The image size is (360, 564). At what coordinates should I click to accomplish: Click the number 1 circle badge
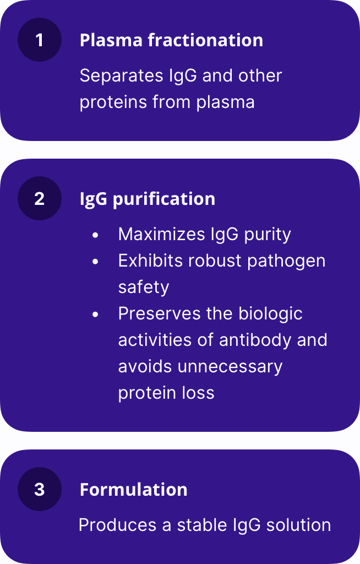(x=40, y=40)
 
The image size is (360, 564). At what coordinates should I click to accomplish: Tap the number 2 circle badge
(x=40, y=198)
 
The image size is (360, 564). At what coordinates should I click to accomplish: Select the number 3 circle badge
(x=40, y=489)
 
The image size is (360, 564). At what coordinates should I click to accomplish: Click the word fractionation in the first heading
(x=205, y=40)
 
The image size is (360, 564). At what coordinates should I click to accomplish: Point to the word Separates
(x=122, y=76)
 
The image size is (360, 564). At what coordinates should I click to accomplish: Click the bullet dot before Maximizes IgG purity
(x=95, y=235)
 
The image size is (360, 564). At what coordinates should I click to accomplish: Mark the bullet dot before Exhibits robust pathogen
(x=95, y=262)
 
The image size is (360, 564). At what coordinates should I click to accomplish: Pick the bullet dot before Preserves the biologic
(x=95, y=314)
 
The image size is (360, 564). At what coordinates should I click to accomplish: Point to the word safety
(x=144, y=288)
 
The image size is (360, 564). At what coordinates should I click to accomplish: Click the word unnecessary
(x=230, y=367)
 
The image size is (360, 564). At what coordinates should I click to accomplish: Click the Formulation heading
(x=133, y=490)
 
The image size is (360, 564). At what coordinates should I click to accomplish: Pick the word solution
(x=298, y=525)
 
